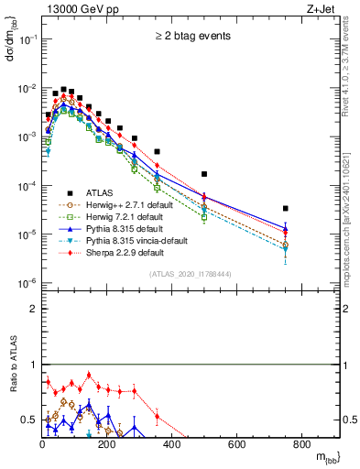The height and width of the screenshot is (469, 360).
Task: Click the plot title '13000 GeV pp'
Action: coord(76,8)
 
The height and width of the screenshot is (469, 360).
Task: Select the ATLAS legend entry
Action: coord(100,191)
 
